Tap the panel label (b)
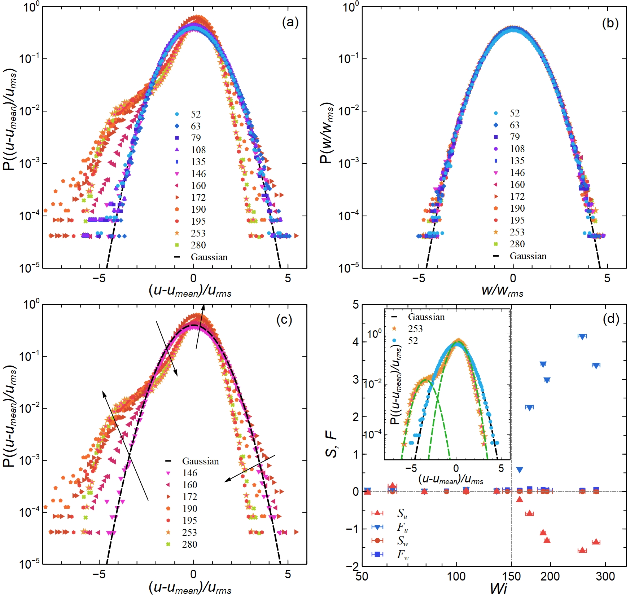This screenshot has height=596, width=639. coord(610,23)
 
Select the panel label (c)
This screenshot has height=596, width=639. coord(284,320)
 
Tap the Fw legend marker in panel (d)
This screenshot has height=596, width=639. coord(377,554)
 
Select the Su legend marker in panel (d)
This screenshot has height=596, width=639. coord(377,513)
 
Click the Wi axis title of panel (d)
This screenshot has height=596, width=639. coord(498,588)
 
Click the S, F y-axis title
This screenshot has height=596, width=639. coord(331,444)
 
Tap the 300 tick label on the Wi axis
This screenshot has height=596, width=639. coord(605,576)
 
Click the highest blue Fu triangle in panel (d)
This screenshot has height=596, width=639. coord(582,336)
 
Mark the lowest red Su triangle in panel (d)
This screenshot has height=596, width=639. coord(582,550)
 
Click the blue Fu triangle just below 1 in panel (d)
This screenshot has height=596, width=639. coord(520,470)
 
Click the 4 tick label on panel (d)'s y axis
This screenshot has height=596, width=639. coord(356,342)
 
